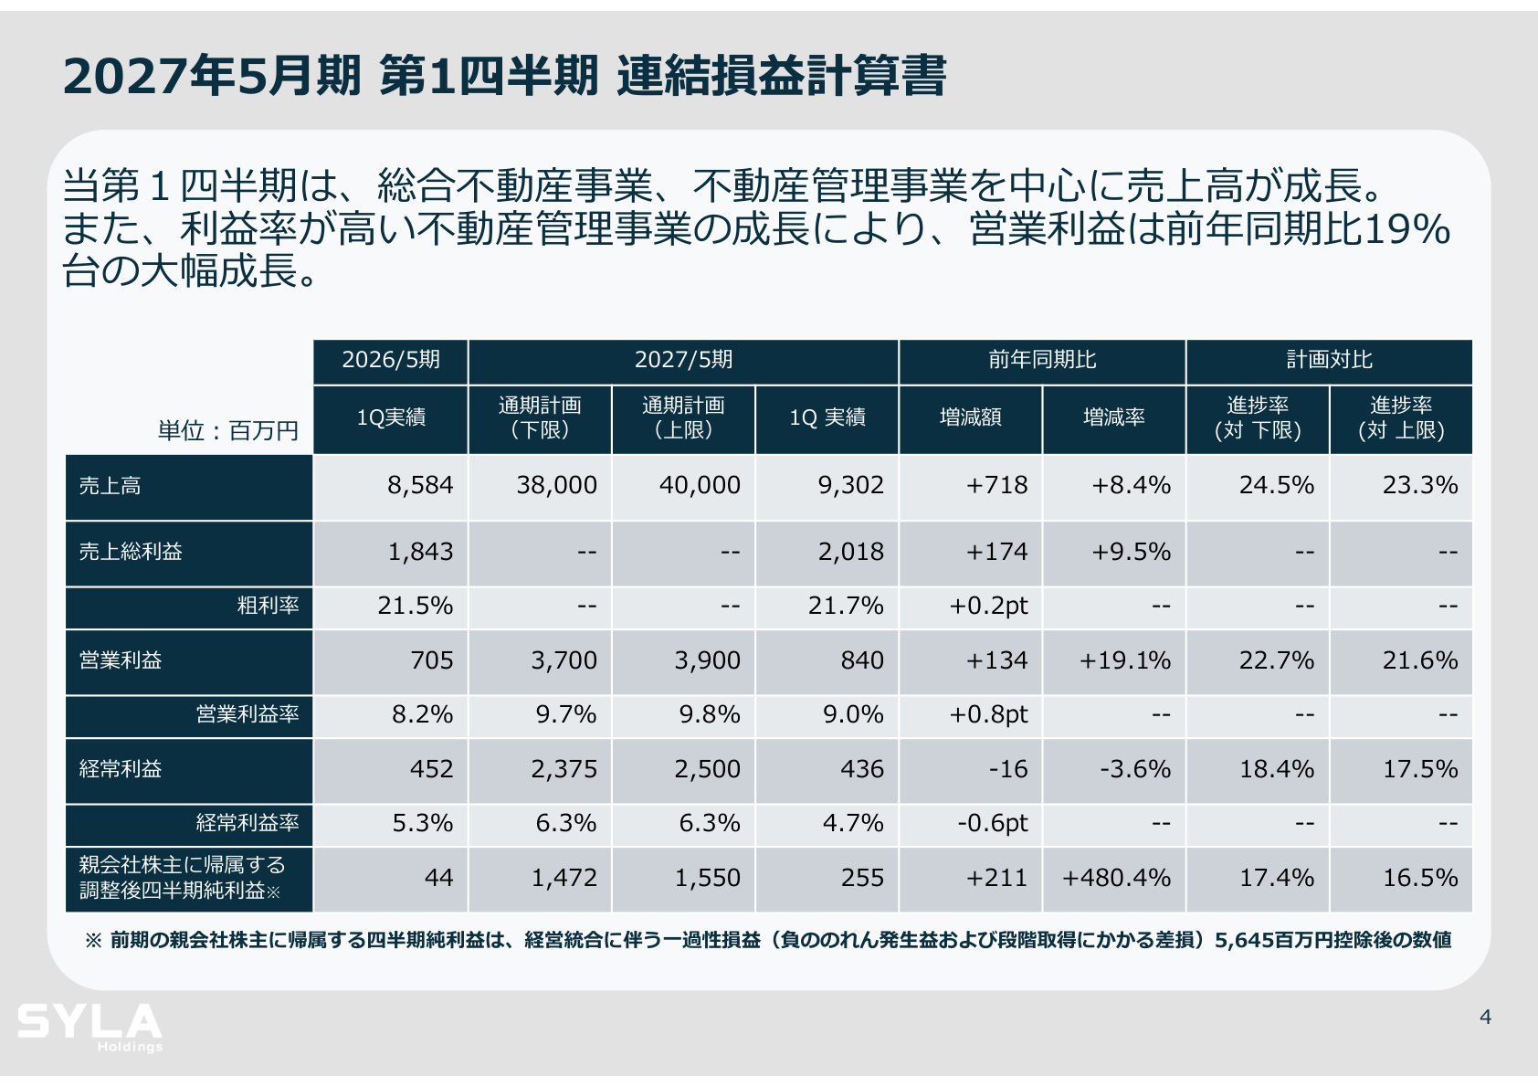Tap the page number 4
(1485, 1017)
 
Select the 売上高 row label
(110, 486)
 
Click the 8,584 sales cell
(420, 485)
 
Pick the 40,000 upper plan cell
(700, 485)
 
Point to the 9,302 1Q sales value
(850, 485)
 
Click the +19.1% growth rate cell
(1124, 660)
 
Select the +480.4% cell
(1116, 878)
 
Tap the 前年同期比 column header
(1042, 360)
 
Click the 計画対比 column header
(1329, 360)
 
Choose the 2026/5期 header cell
(391, 360)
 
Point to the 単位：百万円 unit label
(228, 431)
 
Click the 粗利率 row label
(268, 606)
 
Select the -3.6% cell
(1135, 769)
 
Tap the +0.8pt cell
(988, 715)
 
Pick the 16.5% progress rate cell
(1420, 878)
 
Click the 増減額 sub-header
(970, 417)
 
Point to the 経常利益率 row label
(248, 823)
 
